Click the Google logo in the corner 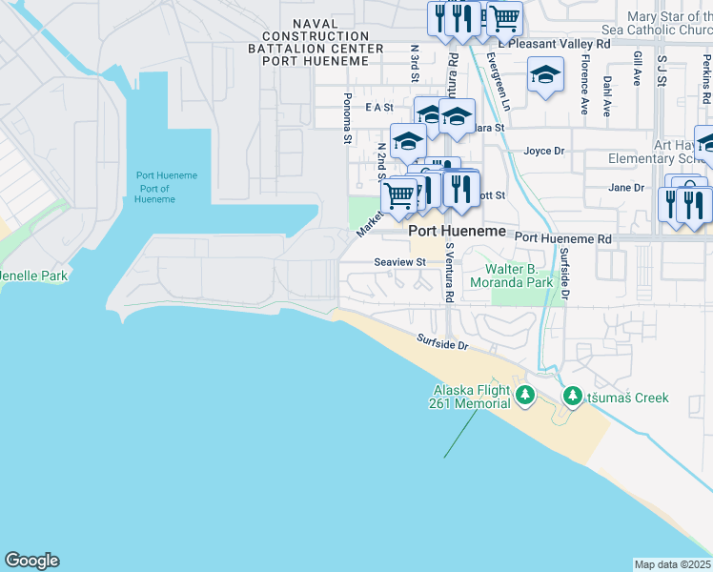pos(31,561)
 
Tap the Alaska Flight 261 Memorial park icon pos(523,394)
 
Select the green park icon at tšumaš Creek pos(573,395)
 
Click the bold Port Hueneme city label pos(456,232)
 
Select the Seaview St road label pos(399,263)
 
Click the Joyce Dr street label pos(544,151)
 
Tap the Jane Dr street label pos(626,188)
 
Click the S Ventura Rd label pos(448,272)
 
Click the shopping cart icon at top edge pos(504,17)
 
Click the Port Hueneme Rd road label pos(562,237)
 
